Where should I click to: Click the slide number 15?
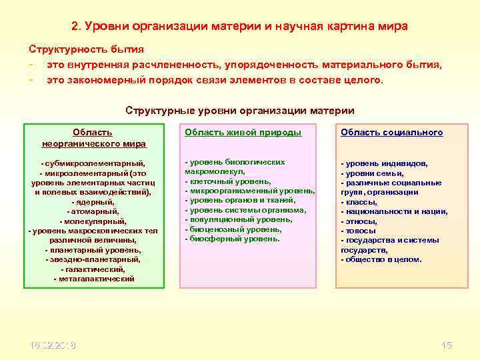(447, 345)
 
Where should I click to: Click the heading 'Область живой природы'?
(243, 133)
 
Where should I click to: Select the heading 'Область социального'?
(391, 133)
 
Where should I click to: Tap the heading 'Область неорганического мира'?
(93, 138)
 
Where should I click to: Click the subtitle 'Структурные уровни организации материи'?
(240, 111)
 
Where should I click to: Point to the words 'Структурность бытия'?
(86, 49)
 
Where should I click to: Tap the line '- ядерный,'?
(93, 201)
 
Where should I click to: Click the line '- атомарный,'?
(93, 211)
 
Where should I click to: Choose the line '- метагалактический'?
(93, 279)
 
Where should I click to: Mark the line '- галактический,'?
(93, 269)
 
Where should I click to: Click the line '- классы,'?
(359, 202)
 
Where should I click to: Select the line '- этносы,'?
(359, 221)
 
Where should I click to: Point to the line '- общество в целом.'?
(381, 260)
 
